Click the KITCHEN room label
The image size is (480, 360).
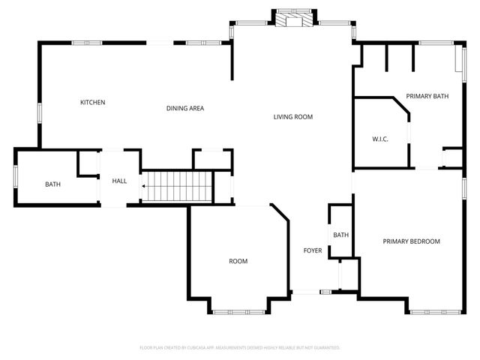[x=93, y=102]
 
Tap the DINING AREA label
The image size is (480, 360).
[x=185, y=108]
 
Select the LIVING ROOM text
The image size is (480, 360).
[x=292, y=117]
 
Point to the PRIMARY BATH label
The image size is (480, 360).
[x=426, y=97]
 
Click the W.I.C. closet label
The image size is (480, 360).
[x=380, y=139]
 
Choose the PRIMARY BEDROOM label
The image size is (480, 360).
[x=411, y=241]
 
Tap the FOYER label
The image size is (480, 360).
[x=312, y=250]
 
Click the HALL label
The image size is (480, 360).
[x=120, y=181]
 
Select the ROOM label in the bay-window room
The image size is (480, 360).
[x=238, y=261]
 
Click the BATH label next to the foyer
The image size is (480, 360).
[x=341, y=235]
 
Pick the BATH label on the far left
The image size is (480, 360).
[x=52, y=184]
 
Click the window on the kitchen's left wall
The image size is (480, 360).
[x=39, y=112]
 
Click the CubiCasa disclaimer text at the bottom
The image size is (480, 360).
[x=240, y=348]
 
